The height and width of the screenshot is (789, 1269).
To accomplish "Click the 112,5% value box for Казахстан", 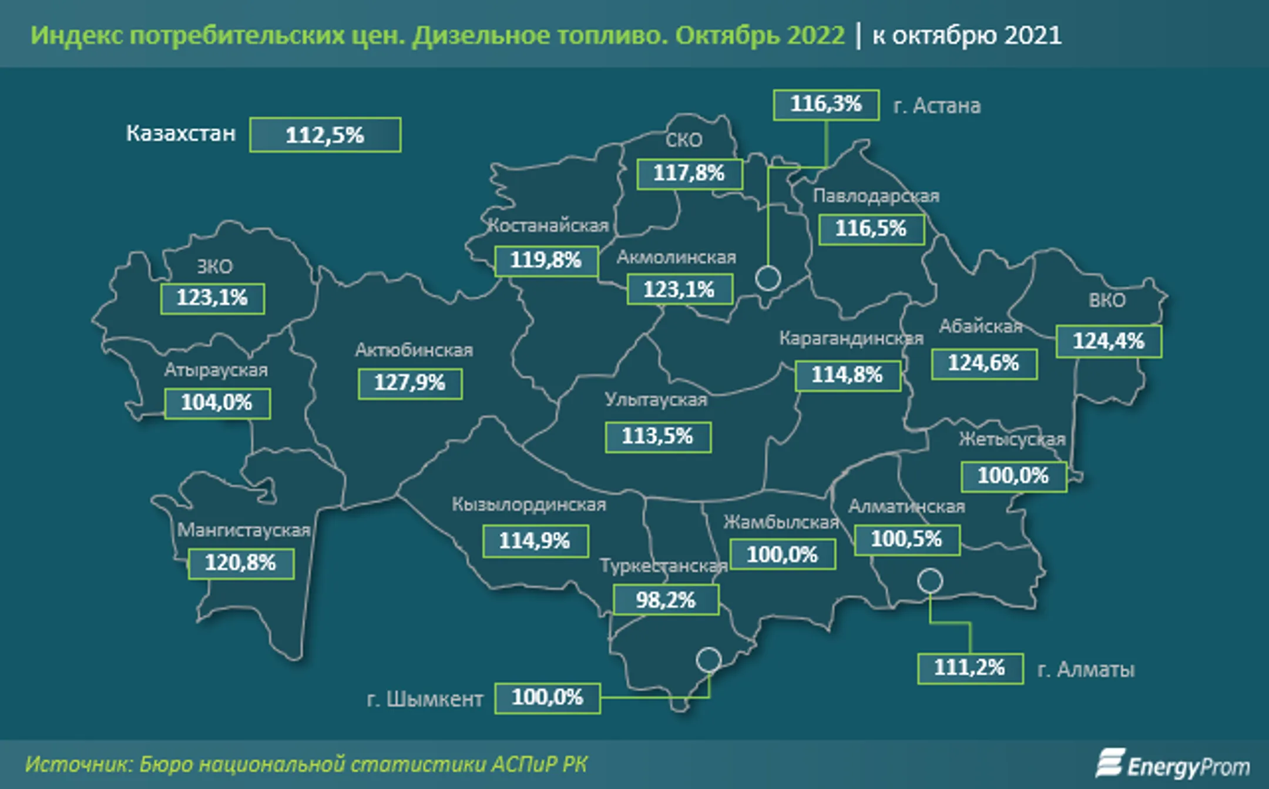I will point(325,135).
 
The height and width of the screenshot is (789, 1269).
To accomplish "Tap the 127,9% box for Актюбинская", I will point(409,383).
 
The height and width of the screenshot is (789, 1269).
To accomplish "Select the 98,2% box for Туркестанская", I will point(665,600).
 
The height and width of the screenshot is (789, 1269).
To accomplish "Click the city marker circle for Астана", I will point(767,278).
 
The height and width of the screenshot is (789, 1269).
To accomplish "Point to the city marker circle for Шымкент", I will point(709,660).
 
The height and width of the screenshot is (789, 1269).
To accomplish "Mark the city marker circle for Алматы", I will point(929,581).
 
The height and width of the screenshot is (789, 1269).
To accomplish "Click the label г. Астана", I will point(936,106).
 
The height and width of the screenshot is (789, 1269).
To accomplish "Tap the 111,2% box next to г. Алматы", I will point(970,668).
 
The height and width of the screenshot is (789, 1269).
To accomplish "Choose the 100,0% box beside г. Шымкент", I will point(547,698).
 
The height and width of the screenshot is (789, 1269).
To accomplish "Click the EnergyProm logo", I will point(1173,765).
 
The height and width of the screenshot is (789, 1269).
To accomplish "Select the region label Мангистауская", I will point(243,530).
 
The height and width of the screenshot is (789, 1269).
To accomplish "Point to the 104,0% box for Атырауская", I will point(217,403).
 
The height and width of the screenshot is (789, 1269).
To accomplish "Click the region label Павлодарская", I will point(875,196).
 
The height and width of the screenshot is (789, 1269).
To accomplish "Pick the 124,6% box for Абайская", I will point(983,363).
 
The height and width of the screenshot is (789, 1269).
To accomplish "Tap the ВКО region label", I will point(1107,300).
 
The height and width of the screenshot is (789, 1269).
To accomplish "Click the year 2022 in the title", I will point(815,35).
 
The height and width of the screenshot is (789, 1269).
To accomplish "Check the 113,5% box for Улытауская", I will point(657,437).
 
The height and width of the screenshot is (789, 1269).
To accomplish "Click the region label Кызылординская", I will point(528,504).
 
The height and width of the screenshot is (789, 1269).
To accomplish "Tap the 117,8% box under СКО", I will point(689,173).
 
